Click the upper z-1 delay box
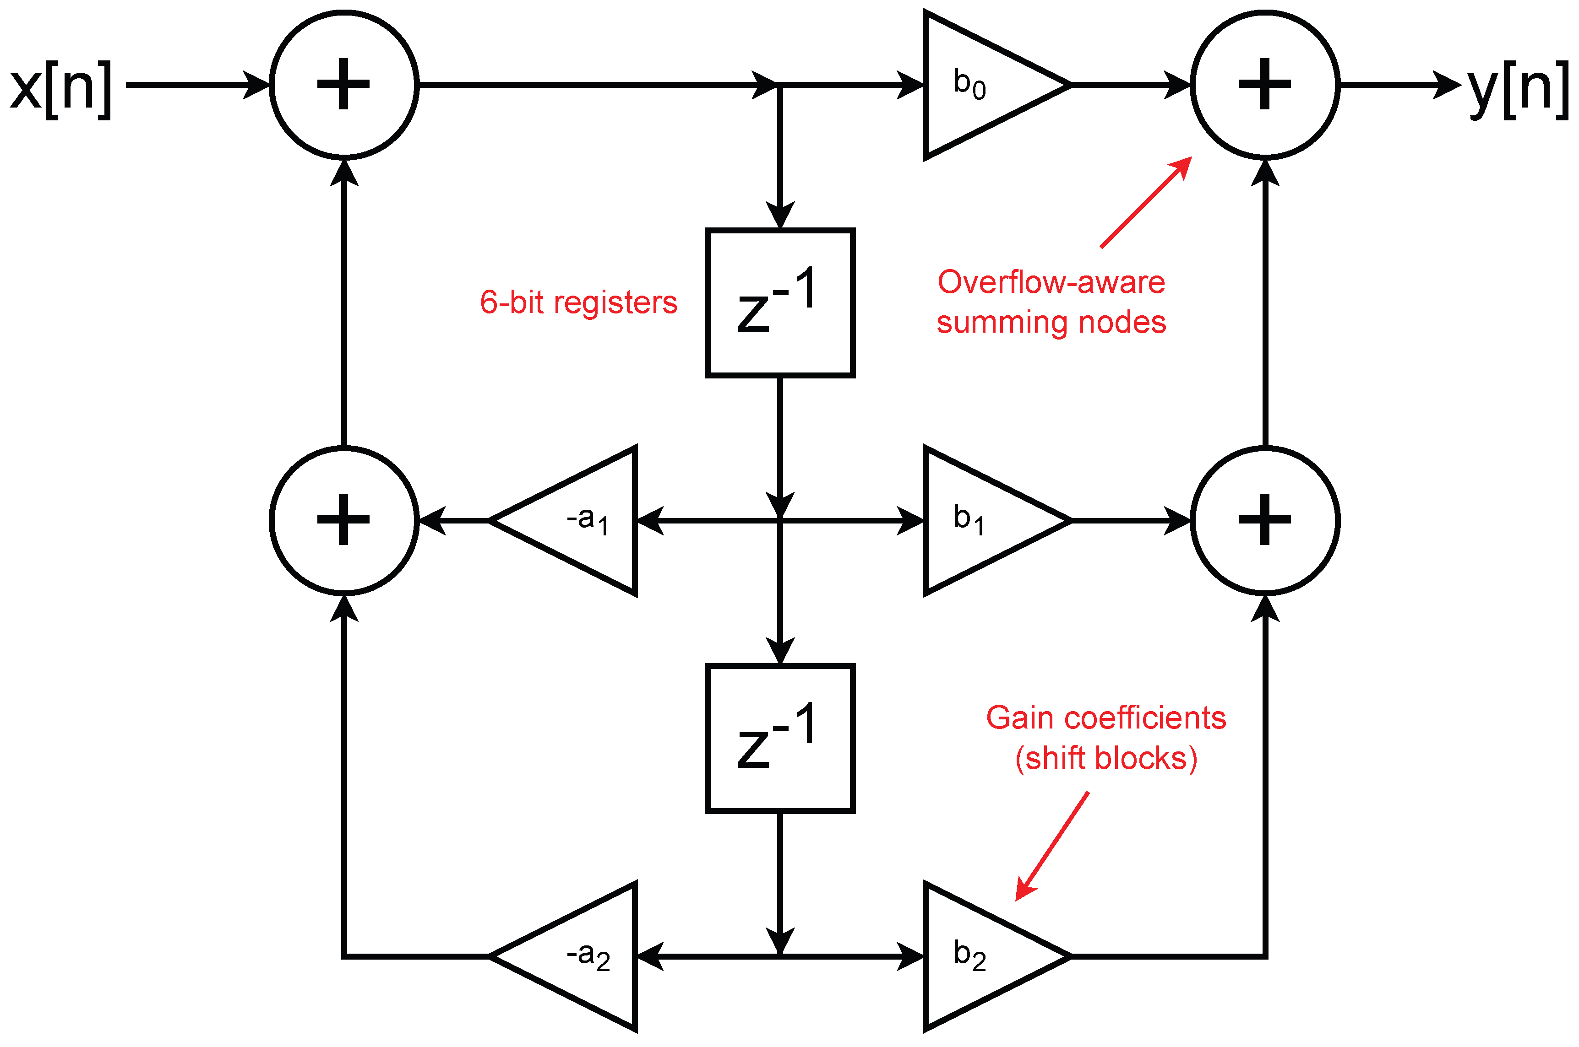780,303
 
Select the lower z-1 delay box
780,739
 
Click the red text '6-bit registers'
579,302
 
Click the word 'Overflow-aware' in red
1051,282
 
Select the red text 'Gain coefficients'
1106,718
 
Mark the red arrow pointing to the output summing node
1146,202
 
